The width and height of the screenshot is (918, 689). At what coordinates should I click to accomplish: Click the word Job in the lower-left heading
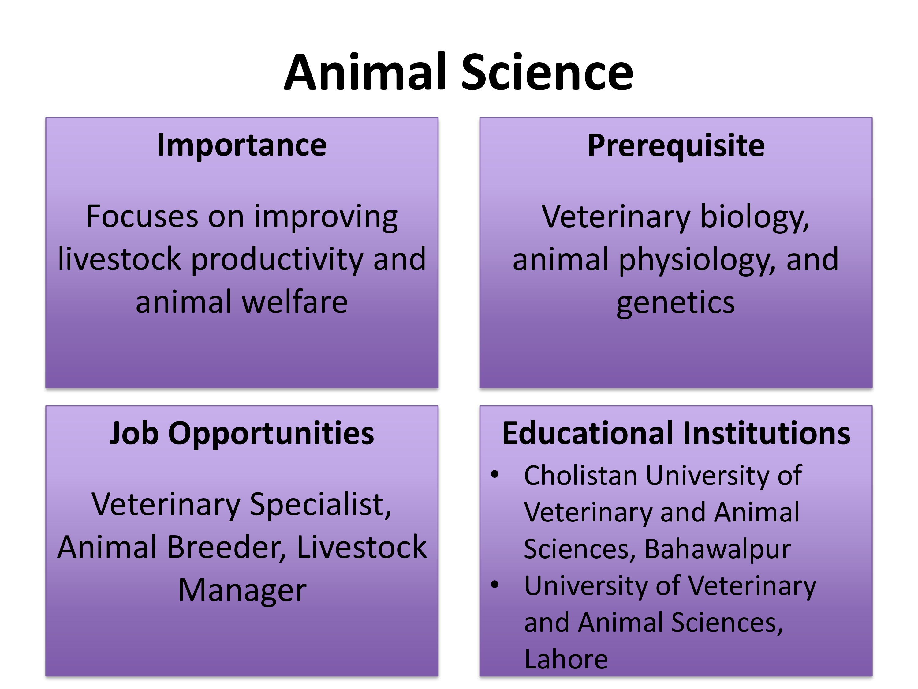[134, 433]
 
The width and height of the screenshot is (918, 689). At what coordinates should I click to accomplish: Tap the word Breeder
[227, 548]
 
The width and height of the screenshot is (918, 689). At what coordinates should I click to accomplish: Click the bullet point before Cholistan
[495, 475]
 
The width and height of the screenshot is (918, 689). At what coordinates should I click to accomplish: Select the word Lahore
[566, 659]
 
